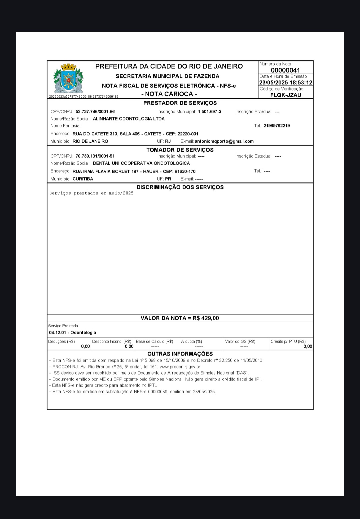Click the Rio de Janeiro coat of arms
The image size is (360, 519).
tap(68, 79)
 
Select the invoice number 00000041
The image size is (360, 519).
tap(285, 70)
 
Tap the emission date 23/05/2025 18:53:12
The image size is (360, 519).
tap(286, 83)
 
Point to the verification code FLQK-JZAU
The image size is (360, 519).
tap(286, 95)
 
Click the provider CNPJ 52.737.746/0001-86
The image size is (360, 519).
tap(95, 112)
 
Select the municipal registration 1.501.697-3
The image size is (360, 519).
tap(209, 112)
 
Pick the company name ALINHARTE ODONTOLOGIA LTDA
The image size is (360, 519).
tap(129, 119)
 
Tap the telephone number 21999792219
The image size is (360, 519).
tap(276, 126)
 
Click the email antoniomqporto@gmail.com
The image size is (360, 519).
tap(224, 141)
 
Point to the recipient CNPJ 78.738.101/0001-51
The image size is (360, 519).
tap(95, 156)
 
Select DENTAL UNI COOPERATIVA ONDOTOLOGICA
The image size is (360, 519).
tap(141, 163)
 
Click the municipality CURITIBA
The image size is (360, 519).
tap(83, 179)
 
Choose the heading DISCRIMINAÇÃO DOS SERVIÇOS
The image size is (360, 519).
tap(180, 187)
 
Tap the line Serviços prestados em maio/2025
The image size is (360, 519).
tap(91, 193)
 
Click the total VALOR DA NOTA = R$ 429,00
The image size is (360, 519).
tap(180, 318)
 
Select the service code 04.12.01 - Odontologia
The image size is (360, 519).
tap(72, 333)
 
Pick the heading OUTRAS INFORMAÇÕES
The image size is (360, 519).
tap(180, 354)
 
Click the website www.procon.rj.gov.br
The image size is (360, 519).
tap(180, 367)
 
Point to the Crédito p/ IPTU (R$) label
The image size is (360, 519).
tap(288, 342)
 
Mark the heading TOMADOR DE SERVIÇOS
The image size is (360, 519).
tap(180, 150)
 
